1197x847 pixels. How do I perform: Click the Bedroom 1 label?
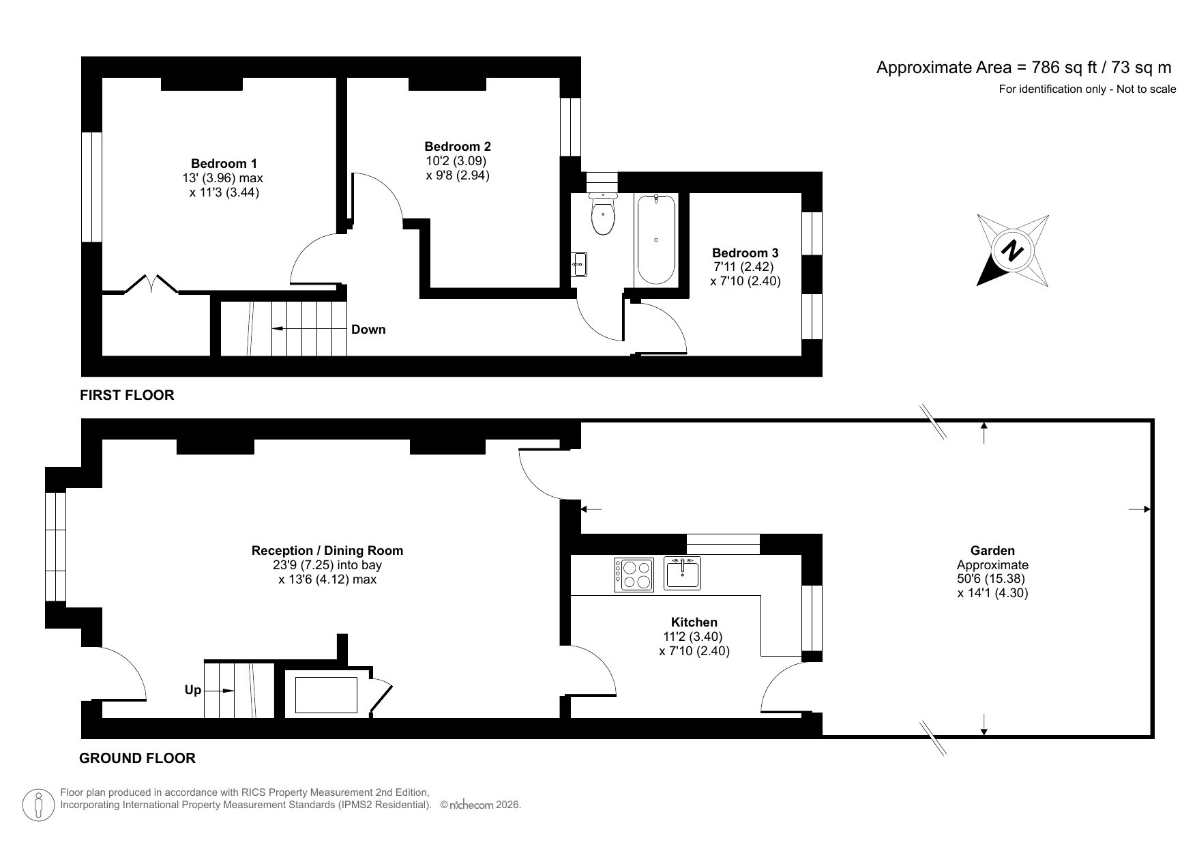click(x=224, y=164)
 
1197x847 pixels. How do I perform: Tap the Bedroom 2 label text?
click(x=457, y=146)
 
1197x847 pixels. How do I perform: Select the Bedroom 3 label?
click(x=745, y=253)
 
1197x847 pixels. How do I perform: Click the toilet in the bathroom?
click(x=603, y=214)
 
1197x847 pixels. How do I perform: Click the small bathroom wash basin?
click(x=580, y=264)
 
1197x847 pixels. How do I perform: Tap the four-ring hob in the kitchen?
click(x=634, y=575)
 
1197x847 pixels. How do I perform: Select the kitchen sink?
click(x=682, y=573)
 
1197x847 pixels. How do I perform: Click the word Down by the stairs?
click(x=368, y=330)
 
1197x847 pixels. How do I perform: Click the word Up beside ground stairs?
click(x=193, y=690)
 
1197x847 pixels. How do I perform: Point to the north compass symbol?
click(x=1013, y=250)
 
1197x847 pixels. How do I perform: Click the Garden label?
click(x=992, y=550)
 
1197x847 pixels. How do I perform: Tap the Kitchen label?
click(x=694, y=622)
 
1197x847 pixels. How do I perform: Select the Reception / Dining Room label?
click(x=327, y=550)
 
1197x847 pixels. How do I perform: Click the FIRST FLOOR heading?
click(x=127, y=394)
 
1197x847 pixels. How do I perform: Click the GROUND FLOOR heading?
click(x=137, y=758)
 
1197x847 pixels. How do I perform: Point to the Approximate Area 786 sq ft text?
click(x=1023, y=67)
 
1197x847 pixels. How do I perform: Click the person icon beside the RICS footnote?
click(x=40, y=805)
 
